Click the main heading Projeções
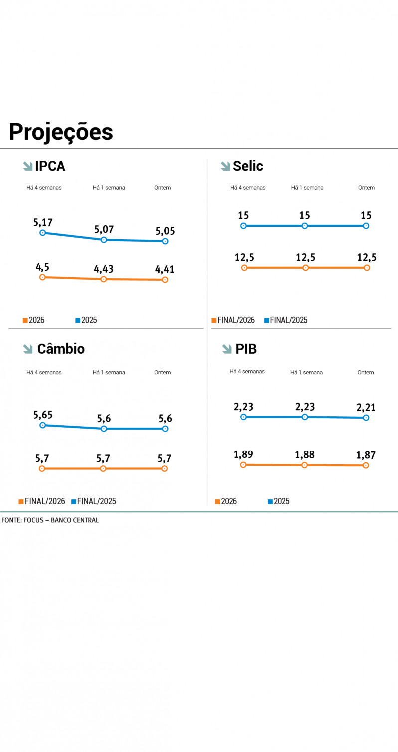[61, 132]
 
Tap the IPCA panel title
[50, 166]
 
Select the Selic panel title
[248, 166]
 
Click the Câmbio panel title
[61, 349]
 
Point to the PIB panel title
[246, 349]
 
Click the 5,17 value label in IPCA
[43, 222]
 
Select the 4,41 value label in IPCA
[165, 269]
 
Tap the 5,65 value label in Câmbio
[43, 415]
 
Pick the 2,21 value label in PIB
[366, 407]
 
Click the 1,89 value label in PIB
[243, 454]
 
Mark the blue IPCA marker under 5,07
[104, 240]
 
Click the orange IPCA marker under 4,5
[42, 277]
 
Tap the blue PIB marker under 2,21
[366, 418]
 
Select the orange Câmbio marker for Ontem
[165, 468]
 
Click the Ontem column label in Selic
[366, 188]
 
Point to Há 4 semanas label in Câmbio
[44, 372]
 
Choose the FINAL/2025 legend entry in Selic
[286, 320]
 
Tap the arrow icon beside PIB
[227, 349]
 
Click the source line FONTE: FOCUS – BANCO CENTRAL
[50, 520]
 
